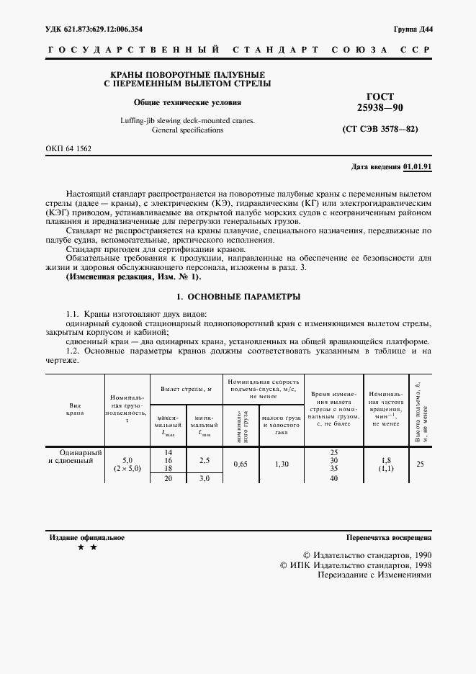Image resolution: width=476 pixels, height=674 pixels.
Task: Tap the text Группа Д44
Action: tap(413, 29)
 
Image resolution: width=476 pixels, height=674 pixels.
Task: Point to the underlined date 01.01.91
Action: tap(418, 166)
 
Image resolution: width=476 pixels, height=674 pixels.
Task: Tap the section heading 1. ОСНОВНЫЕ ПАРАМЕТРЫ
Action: tap(238, 297)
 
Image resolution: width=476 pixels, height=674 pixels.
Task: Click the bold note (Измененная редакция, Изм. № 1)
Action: tap(133, 277)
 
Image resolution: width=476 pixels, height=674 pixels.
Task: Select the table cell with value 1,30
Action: tap(281, 464)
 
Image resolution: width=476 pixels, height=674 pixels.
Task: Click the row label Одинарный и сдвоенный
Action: tap(76, 456)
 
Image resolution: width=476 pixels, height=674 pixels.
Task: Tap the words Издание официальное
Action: tap(87, 537)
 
